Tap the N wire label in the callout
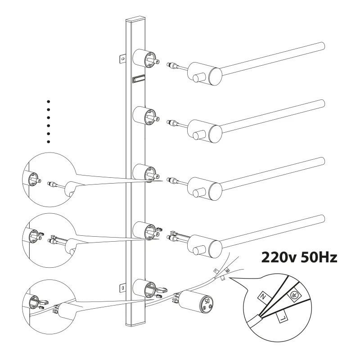[x=264, y=297]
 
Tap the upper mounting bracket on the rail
[x=122, y=58]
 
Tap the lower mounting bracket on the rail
[x=122, y=288]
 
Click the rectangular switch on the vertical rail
[x=139, y=79]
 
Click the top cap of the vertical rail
[x=136, y=19]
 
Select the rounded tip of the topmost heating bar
[x=322, y=45]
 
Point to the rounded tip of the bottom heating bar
[x=322, y=218]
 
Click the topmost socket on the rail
[x=144, y=58]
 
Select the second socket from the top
[x=144, y=116]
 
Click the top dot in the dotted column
[x=48, y=102]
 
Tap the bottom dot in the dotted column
[x=48, y=142]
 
